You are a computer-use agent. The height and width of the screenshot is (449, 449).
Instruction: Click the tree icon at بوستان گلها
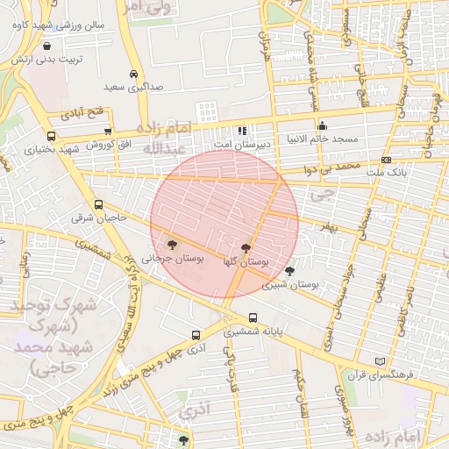coord(245,248)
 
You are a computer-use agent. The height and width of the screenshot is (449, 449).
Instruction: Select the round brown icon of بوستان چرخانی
coord(170,245)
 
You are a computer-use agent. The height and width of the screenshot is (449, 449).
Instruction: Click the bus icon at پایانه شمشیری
coord(253,317)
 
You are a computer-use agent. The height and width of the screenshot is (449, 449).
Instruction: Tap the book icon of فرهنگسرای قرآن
coord(380,360)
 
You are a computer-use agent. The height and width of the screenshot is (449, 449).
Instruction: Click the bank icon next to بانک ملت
coord(387,160)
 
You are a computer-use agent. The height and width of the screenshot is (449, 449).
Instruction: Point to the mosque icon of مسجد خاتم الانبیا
coord(323,125)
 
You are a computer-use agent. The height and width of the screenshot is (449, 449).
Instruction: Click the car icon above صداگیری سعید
coord(132,75)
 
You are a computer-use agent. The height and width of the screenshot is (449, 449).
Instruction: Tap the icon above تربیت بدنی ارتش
coord(46,46)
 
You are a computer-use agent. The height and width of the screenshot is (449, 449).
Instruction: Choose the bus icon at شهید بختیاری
coord(52,136)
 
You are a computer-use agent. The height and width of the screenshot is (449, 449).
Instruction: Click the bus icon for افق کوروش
coord(109,130)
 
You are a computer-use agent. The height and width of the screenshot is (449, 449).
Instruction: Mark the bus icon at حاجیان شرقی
coord(97,204)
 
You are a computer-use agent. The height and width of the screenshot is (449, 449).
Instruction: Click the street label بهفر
coord(327,227)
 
